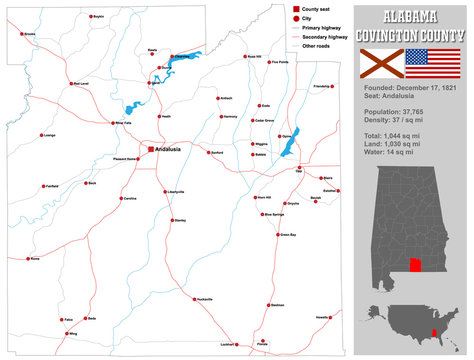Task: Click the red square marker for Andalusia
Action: tap(150, 149)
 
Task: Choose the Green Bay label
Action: tap(287, 235)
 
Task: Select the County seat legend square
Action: tap(297, 8)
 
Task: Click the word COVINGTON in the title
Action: tap(396, 35)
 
